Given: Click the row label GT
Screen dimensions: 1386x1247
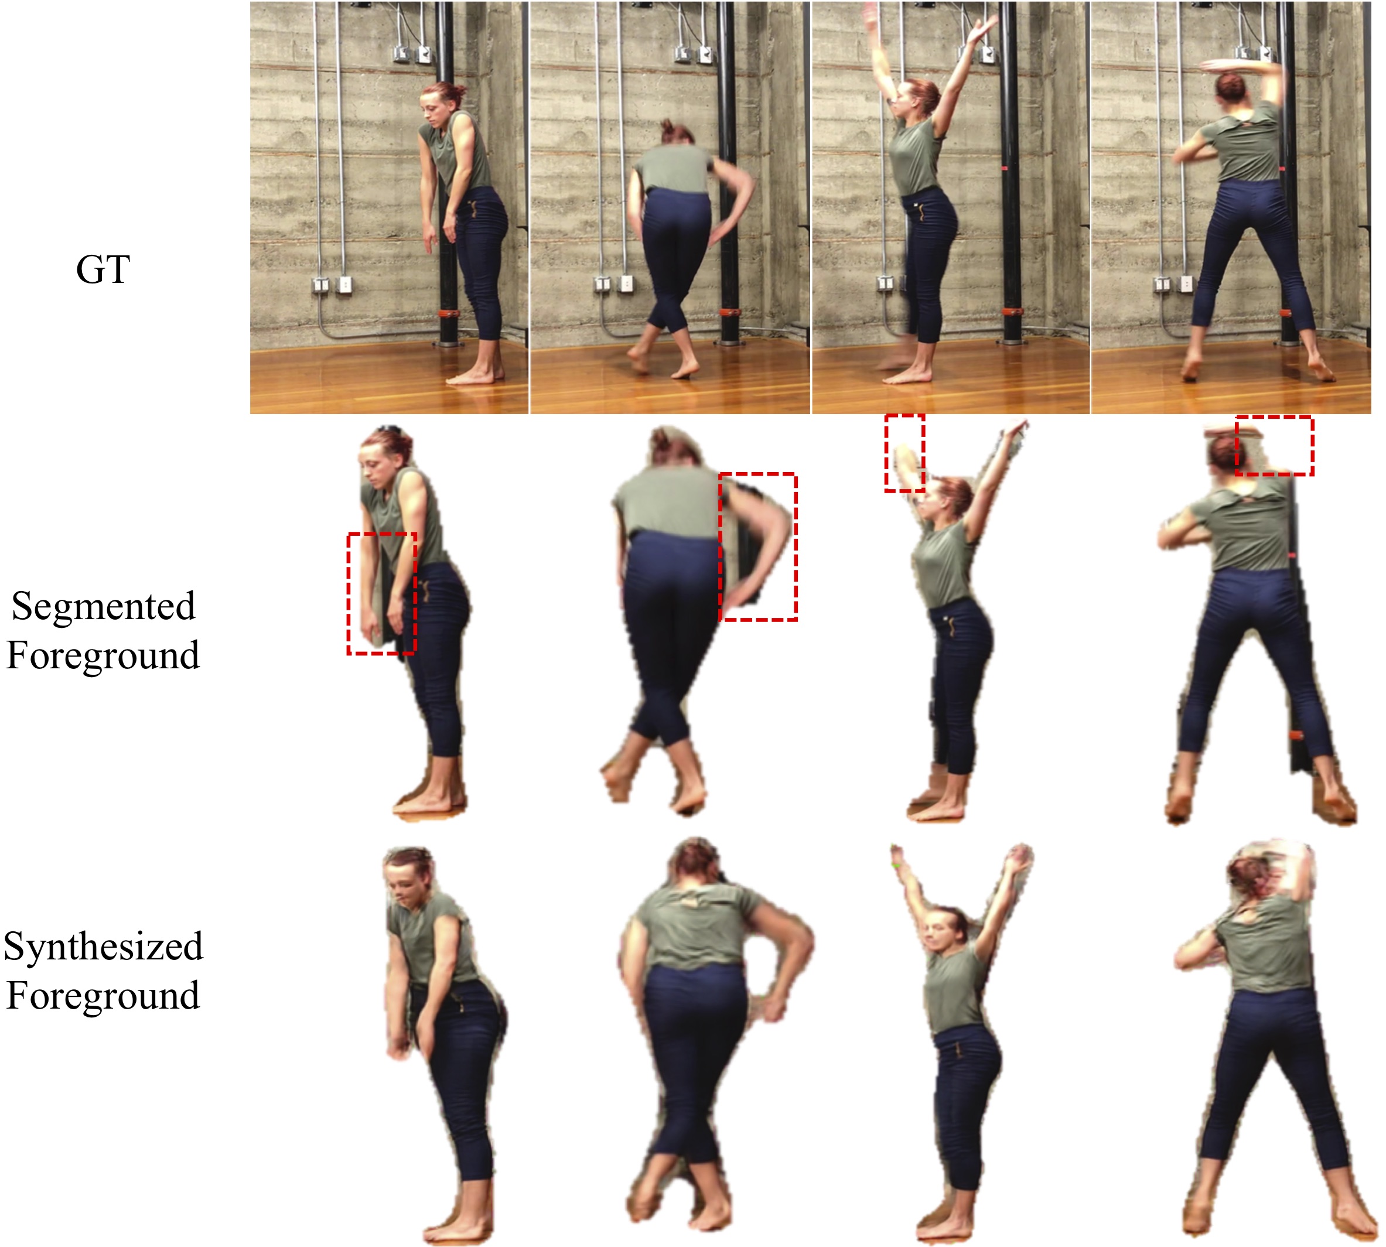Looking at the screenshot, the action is (x=103, y=269).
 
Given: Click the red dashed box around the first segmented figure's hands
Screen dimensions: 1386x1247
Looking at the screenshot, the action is (x=348, y=593).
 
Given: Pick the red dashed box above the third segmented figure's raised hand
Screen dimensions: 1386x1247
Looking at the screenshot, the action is (x=885, y=452).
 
